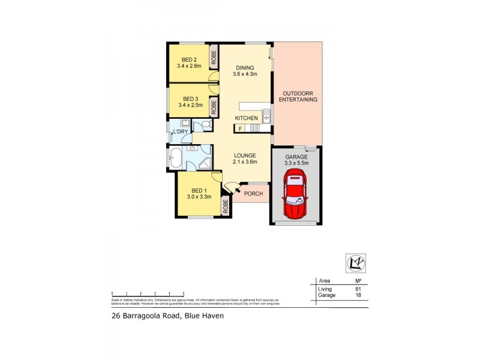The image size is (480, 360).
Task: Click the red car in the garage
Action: coord(295,193)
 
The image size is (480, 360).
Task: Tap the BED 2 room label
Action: coord(190,59)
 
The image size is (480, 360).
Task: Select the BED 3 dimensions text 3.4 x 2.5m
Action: coord(190,105)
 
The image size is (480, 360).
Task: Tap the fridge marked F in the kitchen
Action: coord(240,128)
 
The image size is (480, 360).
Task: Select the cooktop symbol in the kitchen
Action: coord(254,128)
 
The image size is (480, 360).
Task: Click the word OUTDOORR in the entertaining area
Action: coord(298,93)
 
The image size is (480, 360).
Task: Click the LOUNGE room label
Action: coord(245,155)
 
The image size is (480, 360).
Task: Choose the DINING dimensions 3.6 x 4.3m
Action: coord(245,74)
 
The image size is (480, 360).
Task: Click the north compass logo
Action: coord(356,262)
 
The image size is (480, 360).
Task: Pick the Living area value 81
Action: coord(358,289)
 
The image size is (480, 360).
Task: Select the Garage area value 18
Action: coord(358,295)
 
